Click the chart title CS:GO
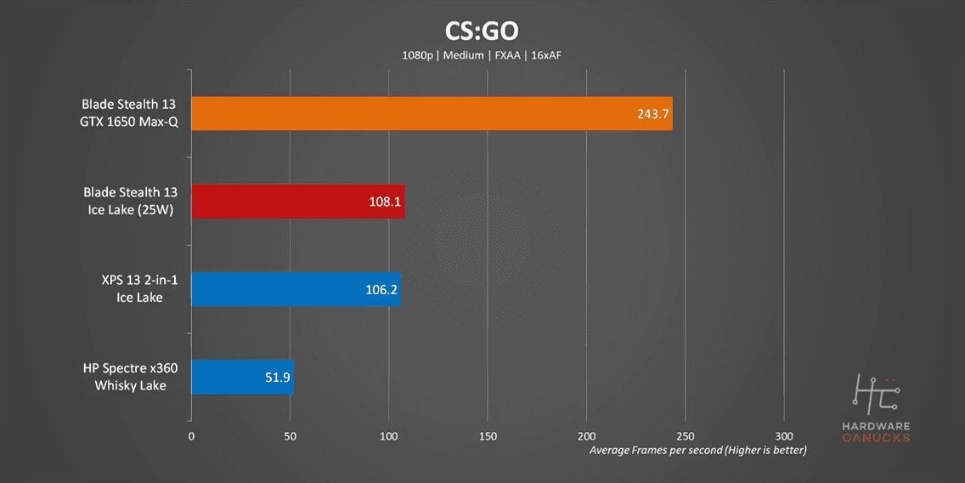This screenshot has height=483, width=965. (x=482, y=31)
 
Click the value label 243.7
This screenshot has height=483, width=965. (x=652, y=113)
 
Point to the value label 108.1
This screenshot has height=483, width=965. (x=385, y=202)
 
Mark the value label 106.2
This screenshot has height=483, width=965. (x=381, y=289)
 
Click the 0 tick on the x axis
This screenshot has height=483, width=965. (x=191, y=435)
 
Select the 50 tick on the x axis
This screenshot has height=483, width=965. (x=291, y=435)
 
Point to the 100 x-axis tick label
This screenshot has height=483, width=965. (x=389, y=435)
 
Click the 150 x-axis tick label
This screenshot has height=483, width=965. (x=488, y=435)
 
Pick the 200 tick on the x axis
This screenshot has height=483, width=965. (x=586, y=435)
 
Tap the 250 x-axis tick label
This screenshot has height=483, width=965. (x=685, y=435)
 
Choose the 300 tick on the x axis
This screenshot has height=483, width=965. (x=784, y=435)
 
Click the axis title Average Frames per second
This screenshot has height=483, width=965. (x=697, y=449)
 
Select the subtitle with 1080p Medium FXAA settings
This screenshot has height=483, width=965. (x=482, y=55)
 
